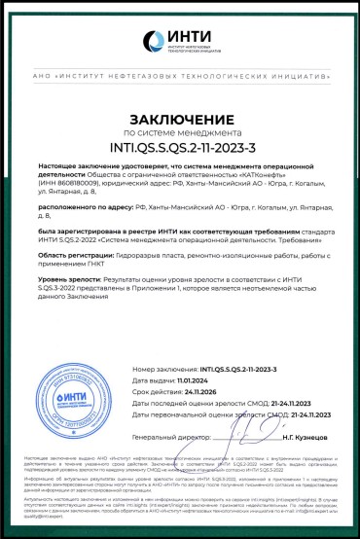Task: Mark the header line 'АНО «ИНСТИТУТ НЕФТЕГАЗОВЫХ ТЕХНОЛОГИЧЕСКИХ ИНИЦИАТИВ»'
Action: pos(180,75)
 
